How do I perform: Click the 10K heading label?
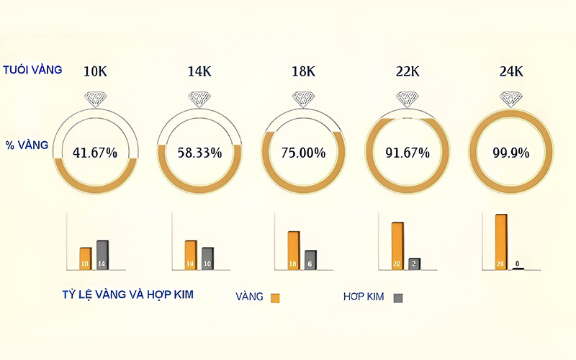96,71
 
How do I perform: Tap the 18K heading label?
303,71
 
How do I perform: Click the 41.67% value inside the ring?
96,153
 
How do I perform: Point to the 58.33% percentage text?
199,153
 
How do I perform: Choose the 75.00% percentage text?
303,153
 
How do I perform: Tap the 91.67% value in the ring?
408,153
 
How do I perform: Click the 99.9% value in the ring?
510,153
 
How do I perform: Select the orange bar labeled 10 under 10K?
85,258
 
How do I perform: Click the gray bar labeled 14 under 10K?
102,255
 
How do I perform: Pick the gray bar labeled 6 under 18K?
310,260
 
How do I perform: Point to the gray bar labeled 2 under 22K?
414,264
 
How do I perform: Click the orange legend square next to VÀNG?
274,297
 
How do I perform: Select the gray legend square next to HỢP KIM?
397,297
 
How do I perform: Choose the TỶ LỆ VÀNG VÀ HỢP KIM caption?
127,294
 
